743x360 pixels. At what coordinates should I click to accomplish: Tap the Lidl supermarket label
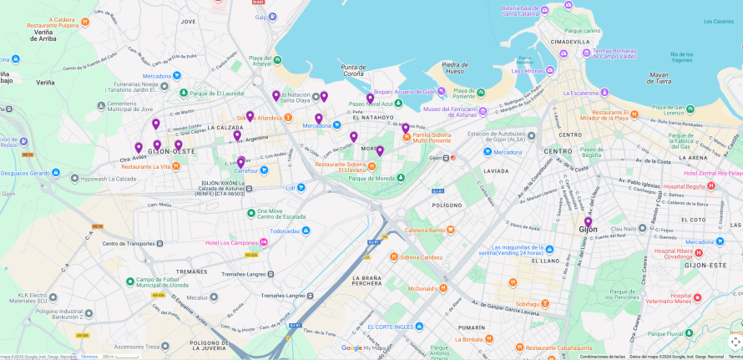[291, 188]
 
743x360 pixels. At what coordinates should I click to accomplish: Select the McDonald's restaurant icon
[442, 289]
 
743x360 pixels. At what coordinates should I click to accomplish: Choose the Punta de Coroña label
[353, 71]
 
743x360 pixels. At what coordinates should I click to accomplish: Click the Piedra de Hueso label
[455, 68]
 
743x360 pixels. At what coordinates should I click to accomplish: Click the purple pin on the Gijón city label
[588, 222]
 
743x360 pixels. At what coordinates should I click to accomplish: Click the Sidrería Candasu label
[422, 256]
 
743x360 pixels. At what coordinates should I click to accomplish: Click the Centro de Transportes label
[127, 243]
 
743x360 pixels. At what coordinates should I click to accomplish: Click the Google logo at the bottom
[351, 348]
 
